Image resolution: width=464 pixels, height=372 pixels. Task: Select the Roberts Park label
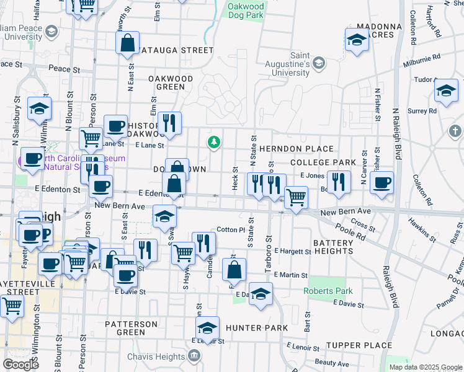328,291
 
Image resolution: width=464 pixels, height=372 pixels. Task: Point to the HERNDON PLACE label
297,149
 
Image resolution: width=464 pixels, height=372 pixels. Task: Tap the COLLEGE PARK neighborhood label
323,162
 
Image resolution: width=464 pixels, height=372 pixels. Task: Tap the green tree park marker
214,143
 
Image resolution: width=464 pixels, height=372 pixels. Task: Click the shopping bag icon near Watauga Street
127,43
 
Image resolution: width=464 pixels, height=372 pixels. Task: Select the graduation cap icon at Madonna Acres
357,40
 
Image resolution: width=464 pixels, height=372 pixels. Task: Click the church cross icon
455,131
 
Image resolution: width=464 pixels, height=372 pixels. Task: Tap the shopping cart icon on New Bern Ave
296,198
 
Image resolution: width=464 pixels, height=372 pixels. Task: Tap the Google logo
20,365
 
